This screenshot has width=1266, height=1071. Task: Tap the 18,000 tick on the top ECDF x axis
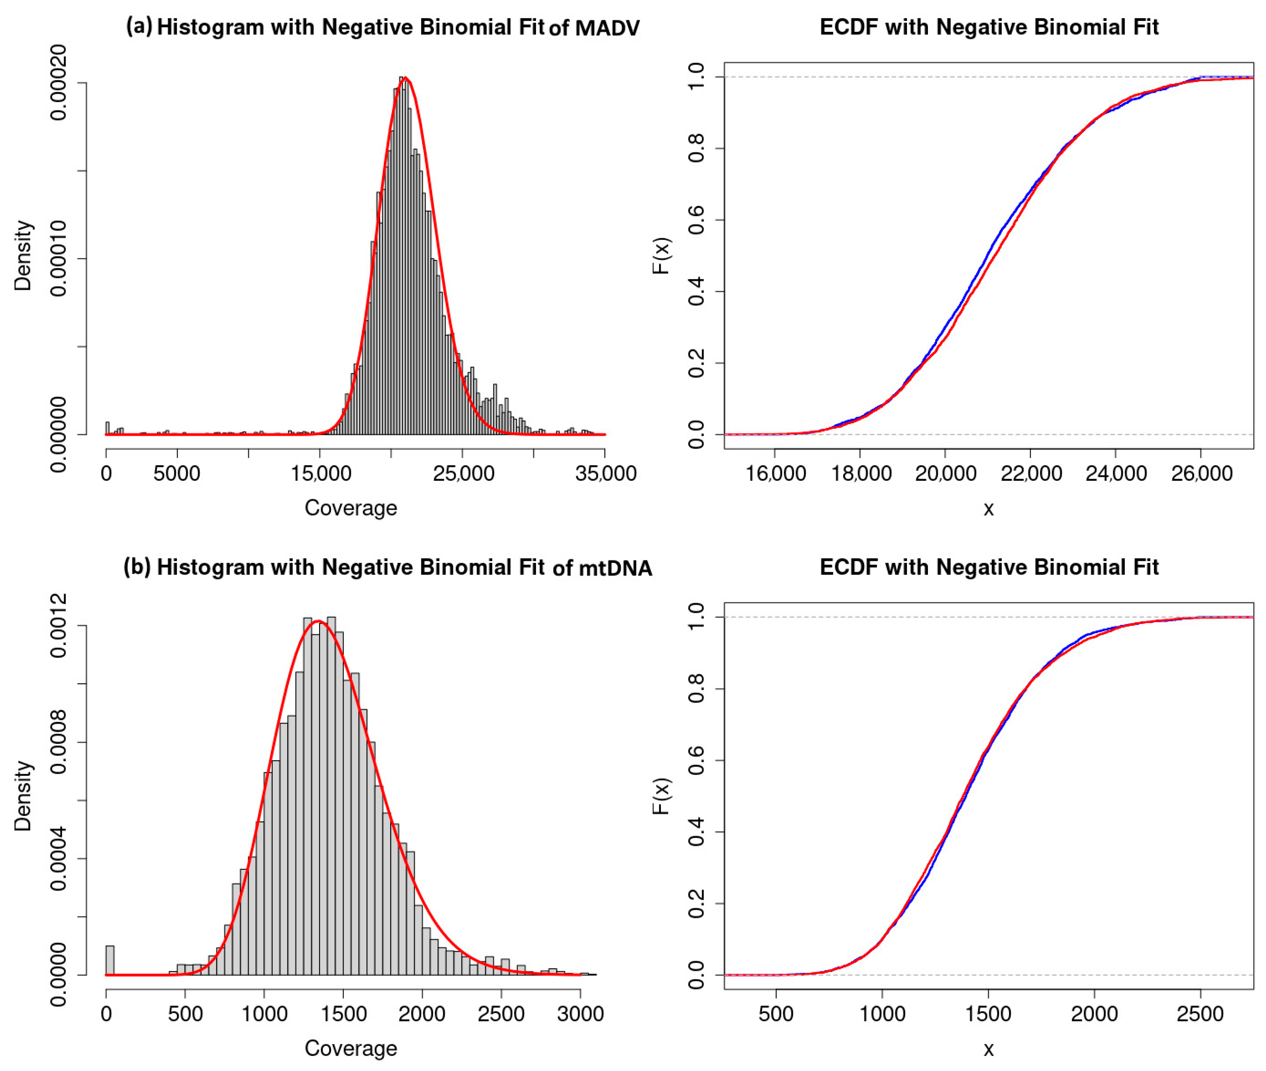[x=860, y=474]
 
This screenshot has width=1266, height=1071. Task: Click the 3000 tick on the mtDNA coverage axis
[x=581, y=1014]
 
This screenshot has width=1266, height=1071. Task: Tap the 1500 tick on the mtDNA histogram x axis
[x=343, y=1014]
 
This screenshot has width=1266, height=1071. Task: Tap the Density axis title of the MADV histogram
[x=23, y=256]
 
